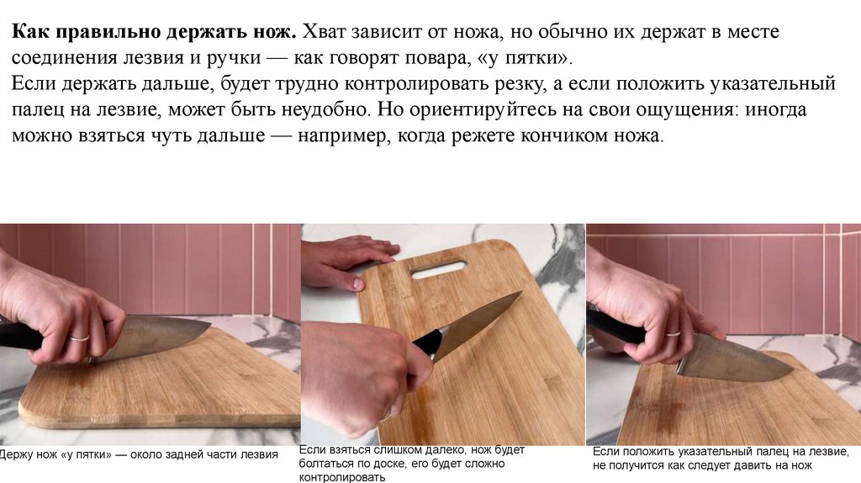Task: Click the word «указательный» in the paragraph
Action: tap(773, 84)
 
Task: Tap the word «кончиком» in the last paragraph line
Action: tap(566, 135)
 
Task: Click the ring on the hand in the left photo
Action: tap(80, 337)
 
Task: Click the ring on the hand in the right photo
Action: tap(673, 333)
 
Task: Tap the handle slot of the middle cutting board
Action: tap(439, 270)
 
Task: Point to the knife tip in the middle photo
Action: tap(521, 292)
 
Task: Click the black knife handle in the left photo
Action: tap(22, 335)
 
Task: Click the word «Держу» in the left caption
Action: tap(15, 454)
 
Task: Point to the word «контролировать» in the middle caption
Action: tap(342, 477)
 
